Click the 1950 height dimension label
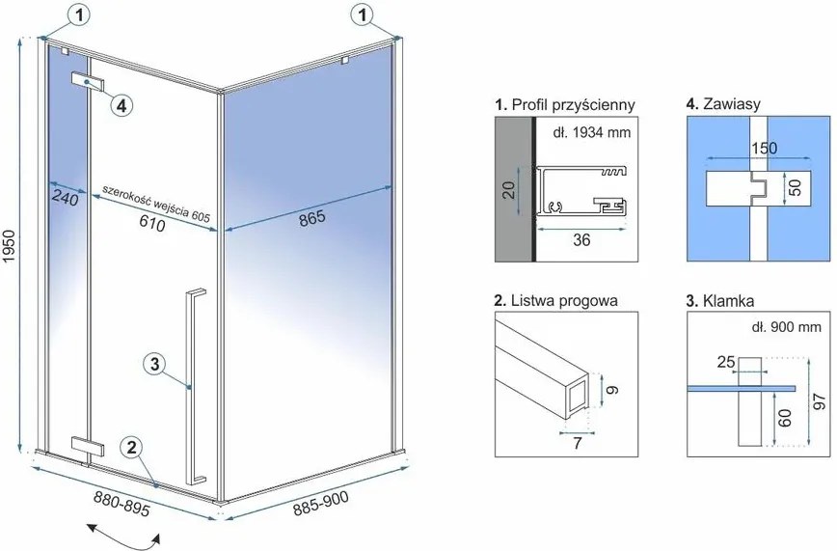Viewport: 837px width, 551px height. point(11,246)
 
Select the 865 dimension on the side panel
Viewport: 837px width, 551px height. point(311,217)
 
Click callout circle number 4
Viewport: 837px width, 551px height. point(121,106)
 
